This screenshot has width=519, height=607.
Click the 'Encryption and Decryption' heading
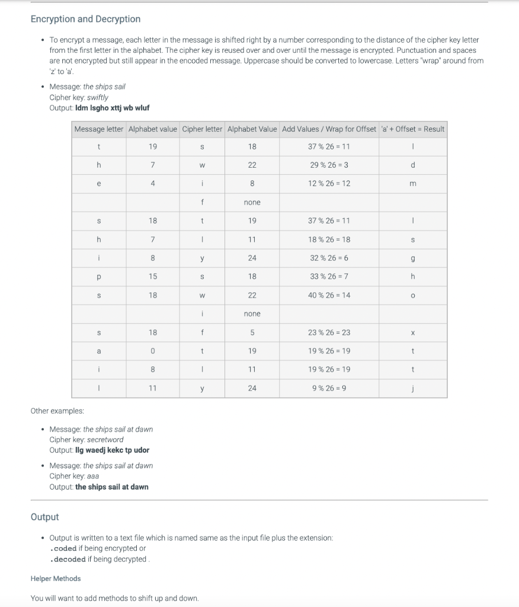(85, 19)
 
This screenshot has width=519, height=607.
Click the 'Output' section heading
(44, 517)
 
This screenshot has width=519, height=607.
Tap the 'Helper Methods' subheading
(55, 579)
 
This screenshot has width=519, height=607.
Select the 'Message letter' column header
(98, 129)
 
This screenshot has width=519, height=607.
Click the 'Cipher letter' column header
(202, 129)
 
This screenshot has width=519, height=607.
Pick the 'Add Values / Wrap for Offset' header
(329, 129)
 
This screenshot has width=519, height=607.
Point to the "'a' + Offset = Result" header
(413, 129)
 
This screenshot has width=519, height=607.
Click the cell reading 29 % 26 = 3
(329, 165)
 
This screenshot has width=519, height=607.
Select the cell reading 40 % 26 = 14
(329, 295)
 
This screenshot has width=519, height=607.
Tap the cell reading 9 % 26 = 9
(329, 388)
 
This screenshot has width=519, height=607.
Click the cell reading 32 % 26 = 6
(329, 258)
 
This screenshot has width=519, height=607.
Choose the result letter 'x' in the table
(413, 333)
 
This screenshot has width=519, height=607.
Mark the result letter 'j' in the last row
(413, 388)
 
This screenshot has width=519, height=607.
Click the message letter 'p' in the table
(98, 276)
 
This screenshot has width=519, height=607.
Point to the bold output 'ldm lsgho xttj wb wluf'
(113, 108)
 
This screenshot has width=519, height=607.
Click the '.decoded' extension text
(68, 559)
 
